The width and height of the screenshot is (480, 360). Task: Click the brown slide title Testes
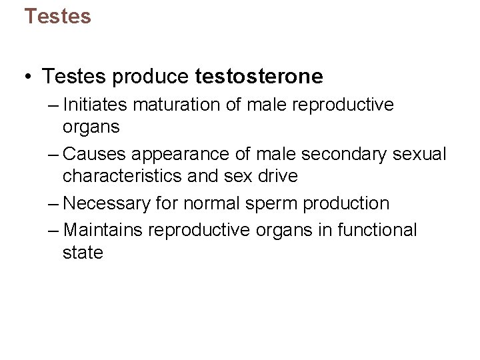57,16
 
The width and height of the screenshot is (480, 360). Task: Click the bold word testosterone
259,77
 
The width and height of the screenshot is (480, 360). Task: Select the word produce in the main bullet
151,77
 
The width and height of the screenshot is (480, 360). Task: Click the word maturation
182,105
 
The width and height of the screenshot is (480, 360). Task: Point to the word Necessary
106,203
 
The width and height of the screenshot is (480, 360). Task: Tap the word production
347,203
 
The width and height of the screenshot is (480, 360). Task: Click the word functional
377,230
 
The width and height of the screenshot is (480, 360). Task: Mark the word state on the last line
83,253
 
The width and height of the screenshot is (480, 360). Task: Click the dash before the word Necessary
54,203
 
